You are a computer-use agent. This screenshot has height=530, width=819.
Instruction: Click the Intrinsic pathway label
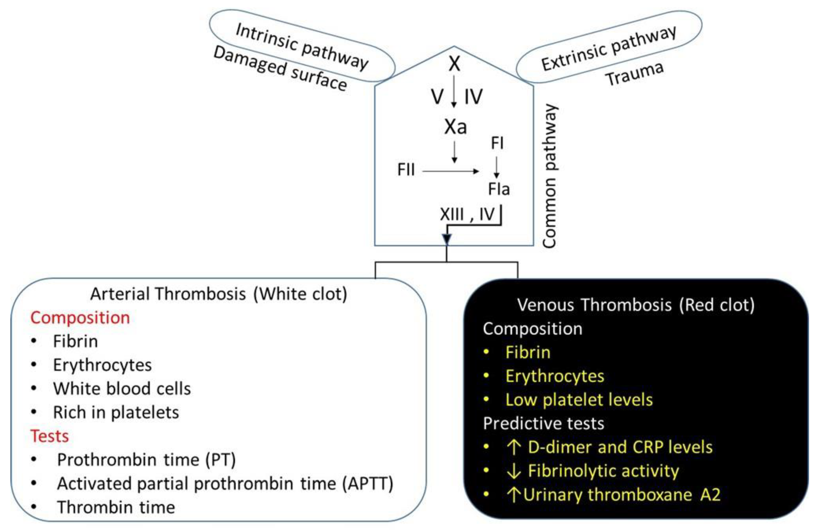pos(302,46)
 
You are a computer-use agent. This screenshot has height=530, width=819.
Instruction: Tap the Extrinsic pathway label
pos(608,48)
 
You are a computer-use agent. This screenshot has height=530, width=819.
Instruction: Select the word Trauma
pos(634,74)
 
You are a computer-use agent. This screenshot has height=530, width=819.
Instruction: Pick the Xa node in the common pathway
pos(455,127)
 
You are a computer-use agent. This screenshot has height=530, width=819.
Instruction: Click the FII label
pos(406,170)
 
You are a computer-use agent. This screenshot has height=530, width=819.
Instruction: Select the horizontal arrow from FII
pos(450,171)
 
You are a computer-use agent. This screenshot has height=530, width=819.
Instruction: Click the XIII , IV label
pos(467,214)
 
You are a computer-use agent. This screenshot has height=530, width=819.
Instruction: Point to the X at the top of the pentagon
pos(454,64)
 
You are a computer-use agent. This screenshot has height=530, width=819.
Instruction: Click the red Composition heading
pos(80,317)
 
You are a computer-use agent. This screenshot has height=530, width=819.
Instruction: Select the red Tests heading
pos(50,436)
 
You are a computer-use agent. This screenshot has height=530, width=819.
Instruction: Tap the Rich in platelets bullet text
pos(116,412)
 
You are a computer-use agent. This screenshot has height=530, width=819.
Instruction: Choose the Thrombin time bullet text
pos(116,507)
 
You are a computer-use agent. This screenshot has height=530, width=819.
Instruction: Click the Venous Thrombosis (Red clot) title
pos(636,305)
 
